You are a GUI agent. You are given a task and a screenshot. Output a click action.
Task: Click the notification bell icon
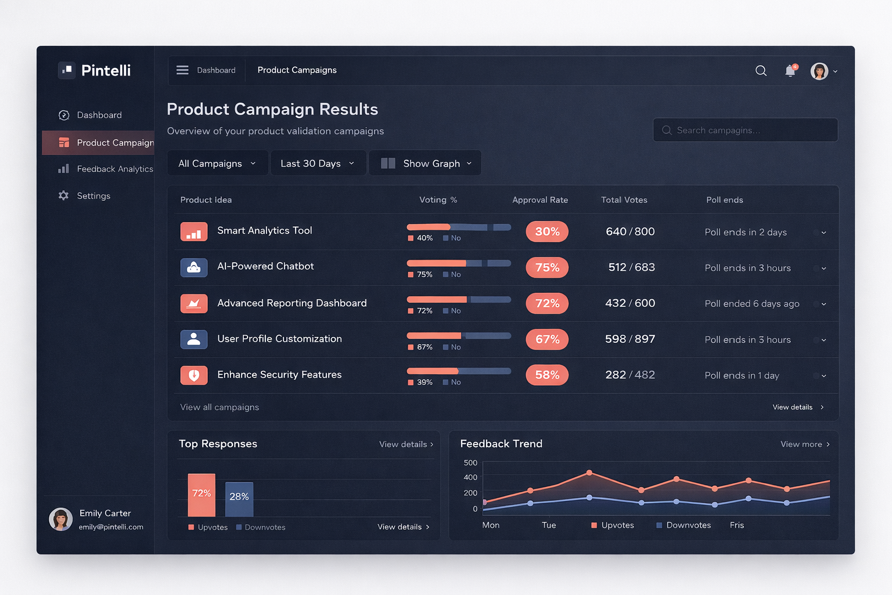pyautogui.click(x=790, y=71)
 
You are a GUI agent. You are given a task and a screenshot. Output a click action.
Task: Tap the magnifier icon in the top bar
pyautogui.click(x=761, y=71)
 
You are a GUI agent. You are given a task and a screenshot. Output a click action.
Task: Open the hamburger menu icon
pyautogui.click(x=182, y=70)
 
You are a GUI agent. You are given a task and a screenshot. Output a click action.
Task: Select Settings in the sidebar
pyautogui.click(x=93, y=196)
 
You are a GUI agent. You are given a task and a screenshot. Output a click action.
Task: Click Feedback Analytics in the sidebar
pyautogui.click(x=114, y=169)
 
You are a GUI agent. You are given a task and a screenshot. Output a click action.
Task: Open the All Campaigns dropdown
pyautogui.click(x=217, y=163)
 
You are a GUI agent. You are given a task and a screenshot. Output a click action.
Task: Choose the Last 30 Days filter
pyautogui.click(x=318, y=163)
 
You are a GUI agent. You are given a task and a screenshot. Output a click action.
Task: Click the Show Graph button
pyautogui.click(x=425, y=163)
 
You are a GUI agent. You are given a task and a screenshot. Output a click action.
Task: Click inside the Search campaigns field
pyautogui.click(x=745, y=130)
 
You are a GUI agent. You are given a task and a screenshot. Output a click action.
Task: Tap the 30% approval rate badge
pyautogui.click(x=547, y=231)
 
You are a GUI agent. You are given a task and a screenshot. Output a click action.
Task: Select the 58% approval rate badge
pyautogui.click(x=547, y=375)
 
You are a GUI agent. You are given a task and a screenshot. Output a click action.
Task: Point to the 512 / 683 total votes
pyautogui.click(x=631, y=267)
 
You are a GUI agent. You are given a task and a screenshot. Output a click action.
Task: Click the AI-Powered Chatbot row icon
pyautogui.click(x=194, y=267)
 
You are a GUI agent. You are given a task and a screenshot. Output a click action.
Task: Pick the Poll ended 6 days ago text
pyautogui.click(x=751, y=304)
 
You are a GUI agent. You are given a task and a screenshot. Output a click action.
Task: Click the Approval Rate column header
pyautogui.click(x=540, y=200)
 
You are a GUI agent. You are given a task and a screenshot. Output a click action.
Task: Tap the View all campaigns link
pyautogui.click(x=220, y=407)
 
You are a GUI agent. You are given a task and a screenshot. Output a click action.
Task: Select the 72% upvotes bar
pyautogui.click(x=202, y=495)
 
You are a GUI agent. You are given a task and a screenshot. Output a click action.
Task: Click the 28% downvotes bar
pyautogui.click(x=239, y=499)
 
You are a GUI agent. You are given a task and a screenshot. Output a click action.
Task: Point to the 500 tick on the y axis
pyautogui.click(x=470, y=463)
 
